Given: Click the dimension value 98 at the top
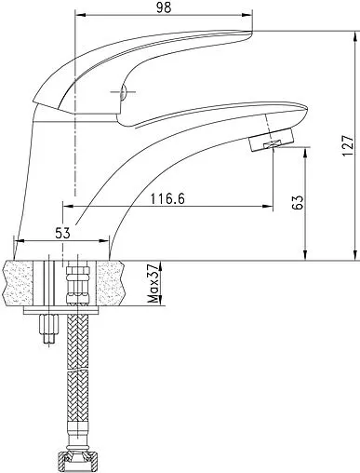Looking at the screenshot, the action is pyautogui.click(x=164, y=7).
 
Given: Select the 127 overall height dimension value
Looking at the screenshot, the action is pyautogui.click(x=348, y=146).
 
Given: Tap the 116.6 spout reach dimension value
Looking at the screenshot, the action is pyautogui.click(x=167, y=198).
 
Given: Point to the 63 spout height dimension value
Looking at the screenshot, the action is pyautogui.click(x=298, y=203).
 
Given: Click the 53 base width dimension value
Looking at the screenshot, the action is pyautogui.click(x=62, y=233).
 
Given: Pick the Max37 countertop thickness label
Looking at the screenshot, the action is pyautogui.click(x=153, y=283).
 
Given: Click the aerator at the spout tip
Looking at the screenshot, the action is pyautogui.click(x=271, y=140).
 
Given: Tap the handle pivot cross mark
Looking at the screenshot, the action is pyautogui.click(x=123, y=92).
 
